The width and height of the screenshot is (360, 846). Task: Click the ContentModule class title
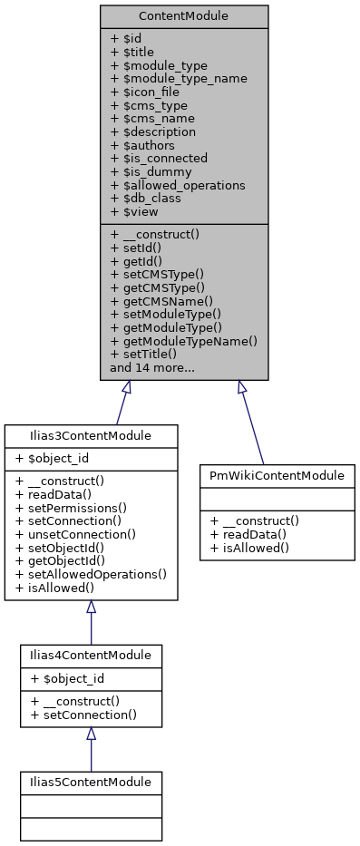click(x=184, y=16)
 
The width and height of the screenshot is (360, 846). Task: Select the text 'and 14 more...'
click(x=151, y=368)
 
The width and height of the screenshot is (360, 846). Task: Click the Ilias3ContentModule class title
click(x=90, y=436)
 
